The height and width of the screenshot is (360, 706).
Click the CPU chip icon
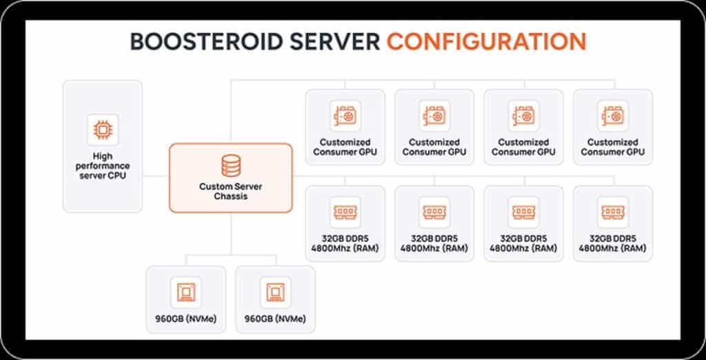pyautogui.click(x=102, y=128)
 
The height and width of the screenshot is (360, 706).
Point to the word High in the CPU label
pyautogui.click(x=102, y=157)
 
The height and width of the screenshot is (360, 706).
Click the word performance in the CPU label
pyautogui.click(x=102, y=166)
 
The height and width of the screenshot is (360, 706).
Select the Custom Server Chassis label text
pyautogui.click(x=230, y=191)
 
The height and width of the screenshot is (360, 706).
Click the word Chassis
pyautogui.click(x=230, y=196)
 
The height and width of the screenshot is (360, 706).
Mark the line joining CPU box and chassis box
pyautogui.click(x=156, y=176)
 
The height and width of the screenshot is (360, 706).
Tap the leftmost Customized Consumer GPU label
pyautogui.click(x=345, y=147)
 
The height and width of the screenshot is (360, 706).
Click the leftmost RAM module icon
pyautogui.click(x=345, y=210)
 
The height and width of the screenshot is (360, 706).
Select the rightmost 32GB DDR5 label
pyautogui.click(x=612, y=239)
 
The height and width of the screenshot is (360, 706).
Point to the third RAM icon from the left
pyautogui.click(x=523, y=210)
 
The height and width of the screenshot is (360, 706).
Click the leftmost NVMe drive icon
pyautogui.click(x=186, y=292)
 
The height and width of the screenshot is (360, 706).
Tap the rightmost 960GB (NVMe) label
pyautogui.click(x=275, y=319)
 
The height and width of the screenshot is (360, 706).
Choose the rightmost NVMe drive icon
pyautogui.click(x=275, y=292)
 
